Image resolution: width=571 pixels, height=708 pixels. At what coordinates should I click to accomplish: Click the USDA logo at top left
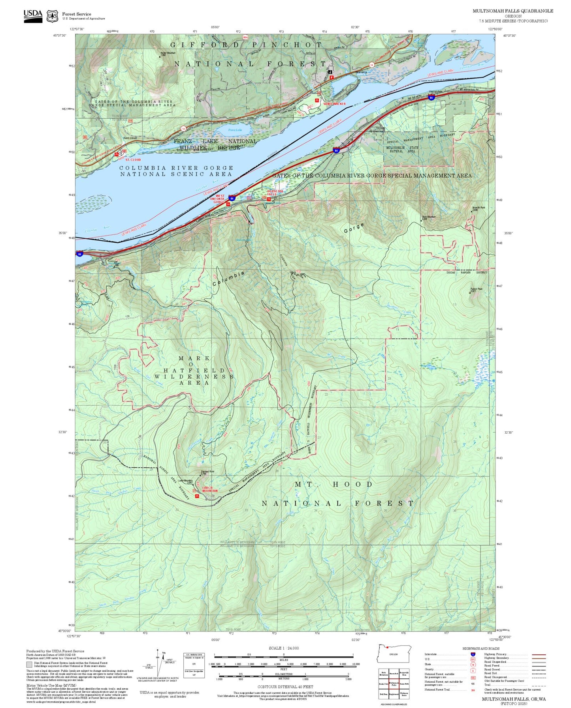[x=33, y=15]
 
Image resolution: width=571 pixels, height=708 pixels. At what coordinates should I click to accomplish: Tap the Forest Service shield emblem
[x=52, y=16]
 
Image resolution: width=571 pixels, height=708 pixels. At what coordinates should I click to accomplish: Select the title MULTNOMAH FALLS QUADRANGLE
[x=513, y=11]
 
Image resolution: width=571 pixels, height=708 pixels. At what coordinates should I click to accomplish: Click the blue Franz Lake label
[x=235, y=130]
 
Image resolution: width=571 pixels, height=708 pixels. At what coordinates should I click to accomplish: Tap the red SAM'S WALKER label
[x=334, y=104]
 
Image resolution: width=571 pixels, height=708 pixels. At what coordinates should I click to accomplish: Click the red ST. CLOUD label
[x=133, y=160]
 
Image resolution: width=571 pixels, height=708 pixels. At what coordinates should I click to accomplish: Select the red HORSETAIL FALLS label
[x=275, y=193]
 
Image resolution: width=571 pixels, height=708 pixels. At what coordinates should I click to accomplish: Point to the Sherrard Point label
[x=207, y=472]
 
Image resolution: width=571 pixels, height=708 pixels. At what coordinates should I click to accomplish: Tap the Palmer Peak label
[x=476, y=289]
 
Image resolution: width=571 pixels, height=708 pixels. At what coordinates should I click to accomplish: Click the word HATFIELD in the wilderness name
[x=194, y=371]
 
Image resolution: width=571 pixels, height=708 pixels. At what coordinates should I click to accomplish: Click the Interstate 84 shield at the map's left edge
[x=80, y=254]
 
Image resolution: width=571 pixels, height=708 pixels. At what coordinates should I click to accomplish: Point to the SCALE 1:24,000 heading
[x=283, y=648]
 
